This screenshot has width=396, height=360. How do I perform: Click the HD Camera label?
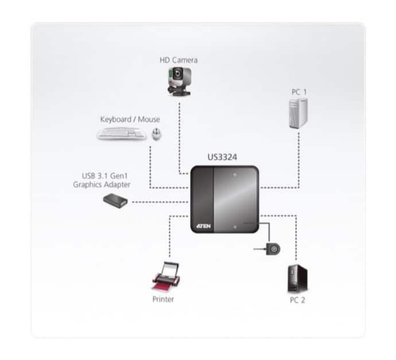point(178,60)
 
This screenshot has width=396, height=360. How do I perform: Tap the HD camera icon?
point(179,82)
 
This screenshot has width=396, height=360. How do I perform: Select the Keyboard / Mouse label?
point(130,119)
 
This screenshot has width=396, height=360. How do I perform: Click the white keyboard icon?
point(122,133)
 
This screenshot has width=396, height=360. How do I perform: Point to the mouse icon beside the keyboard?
point(157,134)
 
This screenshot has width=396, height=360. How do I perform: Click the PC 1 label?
point(299,92)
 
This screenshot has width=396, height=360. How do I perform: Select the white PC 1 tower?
point(298,114)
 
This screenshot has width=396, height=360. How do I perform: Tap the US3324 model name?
point(222,157)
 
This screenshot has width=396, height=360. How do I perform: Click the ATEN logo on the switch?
point(204,226)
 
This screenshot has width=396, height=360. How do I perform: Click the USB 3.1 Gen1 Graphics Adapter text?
point(102,180)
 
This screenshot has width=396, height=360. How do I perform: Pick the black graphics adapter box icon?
point(115,201)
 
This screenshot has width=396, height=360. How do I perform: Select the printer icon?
point(166,276)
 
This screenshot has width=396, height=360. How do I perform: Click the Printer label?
point(163,299)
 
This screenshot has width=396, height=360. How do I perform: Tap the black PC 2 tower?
point(297,278)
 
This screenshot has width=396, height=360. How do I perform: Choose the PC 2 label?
point(297,300)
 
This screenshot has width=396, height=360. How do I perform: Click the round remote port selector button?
point(273,249)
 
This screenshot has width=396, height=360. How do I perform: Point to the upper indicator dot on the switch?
point(235,175)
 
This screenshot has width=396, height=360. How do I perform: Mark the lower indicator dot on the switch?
point(235,227)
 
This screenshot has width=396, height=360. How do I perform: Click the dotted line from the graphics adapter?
point(160,202)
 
